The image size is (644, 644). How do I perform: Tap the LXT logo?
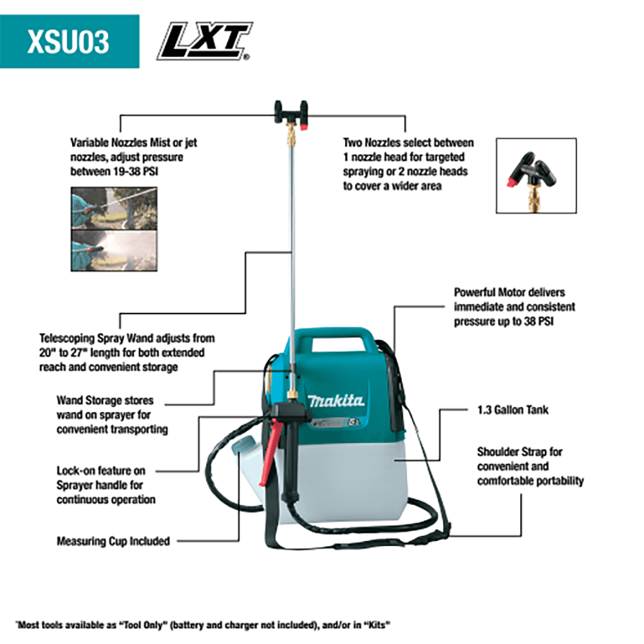(x=205, y=42)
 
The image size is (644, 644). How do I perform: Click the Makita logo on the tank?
(x=336, y=401)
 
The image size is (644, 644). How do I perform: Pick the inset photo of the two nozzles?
(x=536, y=175)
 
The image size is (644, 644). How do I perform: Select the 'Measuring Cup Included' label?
(x=113, y=541)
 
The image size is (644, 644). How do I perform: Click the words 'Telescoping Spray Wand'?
(x=103, y=338)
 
